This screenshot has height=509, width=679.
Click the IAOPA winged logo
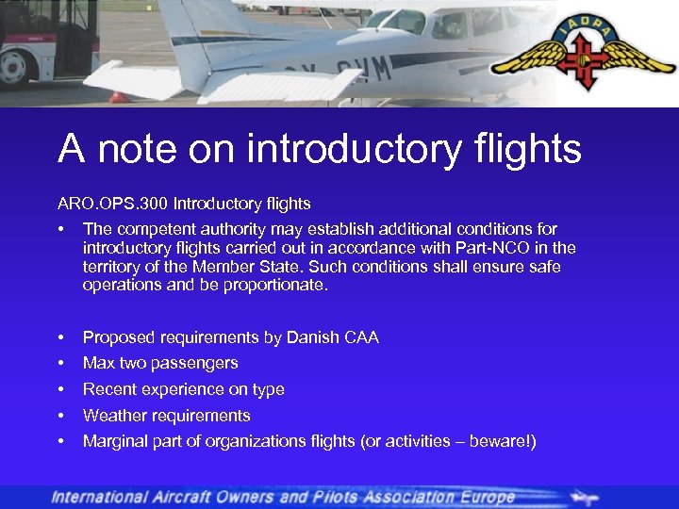point(583,56)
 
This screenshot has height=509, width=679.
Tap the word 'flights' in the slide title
point(529,149)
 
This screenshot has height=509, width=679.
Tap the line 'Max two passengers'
point(160,363)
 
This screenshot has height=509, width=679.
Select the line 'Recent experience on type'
point(184,389)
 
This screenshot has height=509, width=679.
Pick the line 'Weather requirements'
point(167,415)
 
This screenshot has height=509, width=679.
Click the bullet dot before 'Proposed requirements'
point(61,337)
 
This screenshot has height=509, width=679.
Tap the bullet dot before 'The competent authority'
point(61,229)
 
